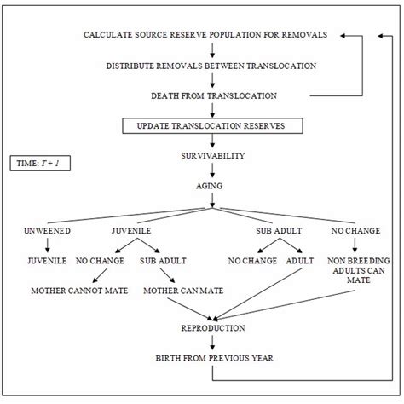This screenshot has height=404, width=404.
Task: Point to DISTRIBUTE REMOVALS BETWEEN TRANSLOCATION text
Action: tap(211, 66)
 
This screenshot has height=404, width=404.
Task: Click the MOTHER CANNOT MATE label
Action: tap(78, 291)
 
